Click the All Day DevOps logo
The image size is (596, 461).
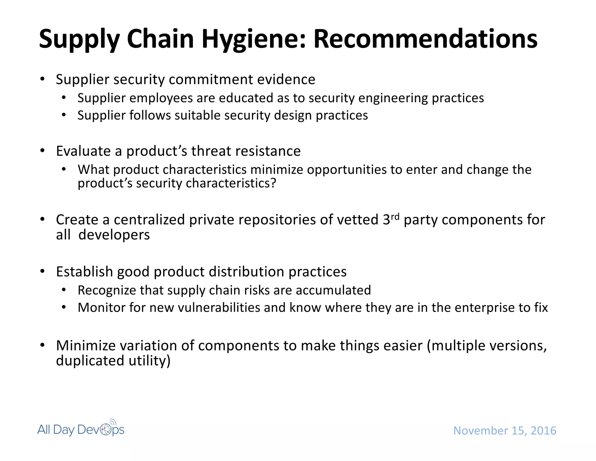(x=81, y=429)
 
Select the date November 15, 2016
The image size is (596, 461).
(x=505, y=431)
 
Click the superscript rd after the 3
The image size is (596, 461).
(x=395, y=217)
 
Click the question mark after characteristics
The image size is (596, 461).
(x=273, y=183)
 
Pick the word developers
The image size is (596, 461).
(x=114, y=235)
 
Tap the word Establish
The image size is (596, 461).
(x=84, y=272)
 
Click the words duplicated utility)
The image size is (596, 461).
(x=113, y=361)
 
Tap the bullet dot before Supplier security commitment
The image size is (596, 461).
(x=42, y=79)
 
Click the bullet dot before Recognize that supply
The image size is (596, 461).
(x=64, y=290)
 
